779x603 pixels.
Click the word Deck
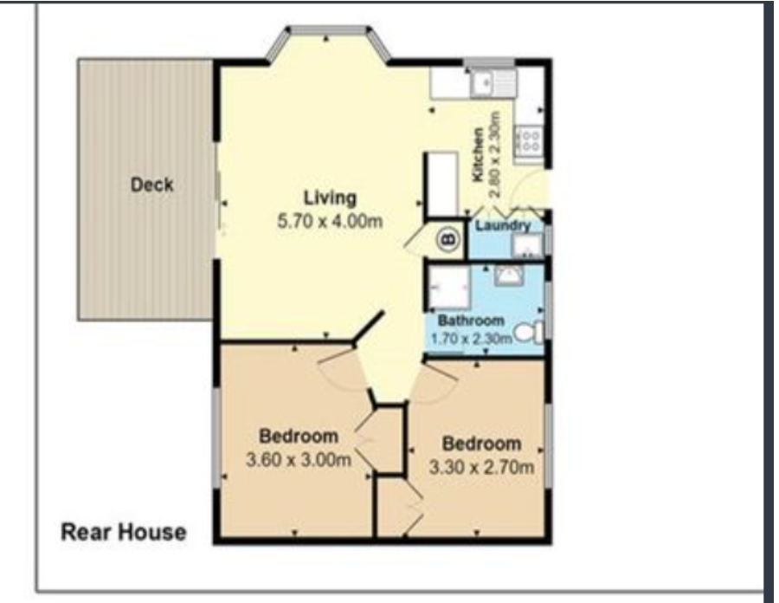point(152,185)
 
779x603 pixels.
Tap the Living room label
point(330,198)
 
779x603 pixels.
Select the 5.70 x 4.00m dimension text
point(330,221)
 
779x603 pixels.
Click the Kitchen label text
point(478,154)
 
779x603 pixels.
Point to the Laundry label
point(503,225)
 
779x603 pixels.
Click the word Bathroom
point(471,321)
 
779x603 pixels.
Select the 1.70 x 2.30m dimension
point(471,339)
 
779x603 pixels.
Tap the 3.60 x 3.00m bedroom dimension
point(299,460)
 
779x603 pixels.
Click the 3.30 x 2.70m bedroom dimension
point(481,467)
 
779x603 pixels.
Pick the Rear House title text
point(124,532)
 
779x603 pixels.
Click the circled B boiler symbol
point(448,240)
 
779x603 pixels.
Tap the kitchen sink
point(493,82)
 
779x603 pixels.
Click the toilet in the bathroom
point(529,333)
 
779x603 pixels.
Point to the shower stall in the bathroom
point(449,288)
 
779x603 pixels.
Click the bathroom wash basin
point(509,275)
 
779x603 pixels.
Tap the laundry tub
point(527,245)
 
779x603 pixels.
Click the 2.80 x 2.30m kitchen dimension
point(495,154)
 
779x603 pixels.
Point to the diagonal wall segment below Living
point(368,327)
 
